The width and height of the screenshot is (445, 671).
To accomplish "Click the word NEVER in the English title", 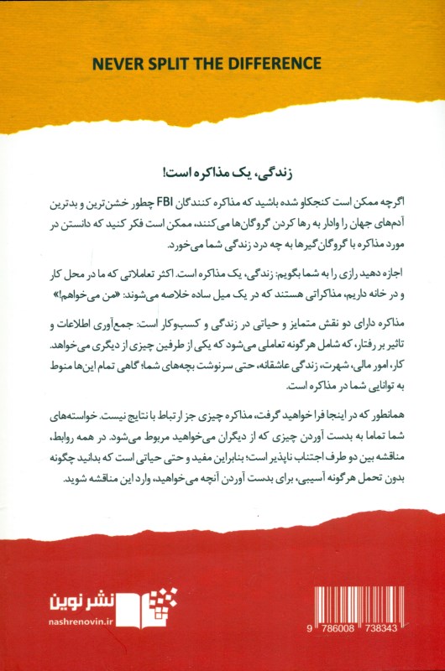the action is point(115,64).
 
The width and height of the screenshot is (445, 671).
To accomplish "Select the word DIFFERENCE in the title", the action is point(276,64).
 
